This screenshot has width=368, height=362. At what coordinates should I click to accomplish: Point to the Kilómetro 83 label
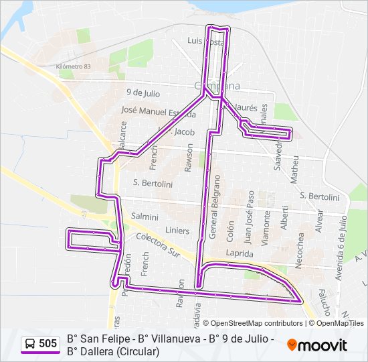[x=74, y=67]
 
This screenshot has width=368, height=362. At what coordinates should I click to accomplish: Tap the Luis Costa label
[x=206, y=41]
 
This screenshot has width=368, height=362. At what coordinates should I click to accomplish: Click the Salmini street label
[x=145, y=217]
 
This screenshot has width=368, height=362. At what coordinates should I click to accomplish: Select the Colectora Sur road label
[x=159, y=243]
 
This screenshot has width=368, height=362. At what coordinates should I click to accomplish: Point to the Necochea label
[x=300, y=247]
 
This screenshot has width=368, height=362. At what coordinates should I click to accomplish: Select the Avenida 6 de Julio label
[x=342, y=249]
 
